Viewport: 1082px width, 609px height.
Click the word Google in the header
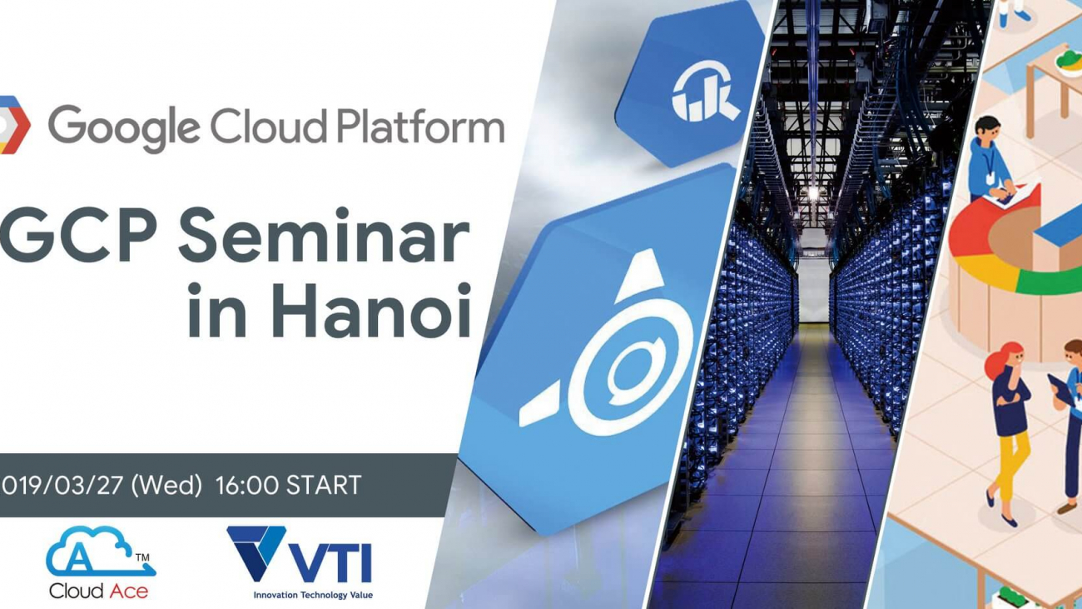click(123, 127)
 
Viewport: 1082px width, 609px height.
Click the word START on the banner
click(324, 485)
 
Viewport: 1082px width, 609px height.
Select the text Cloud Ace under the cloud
click(98, 591)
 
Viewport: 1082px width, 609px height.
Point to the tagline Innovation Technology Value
click(313, 595)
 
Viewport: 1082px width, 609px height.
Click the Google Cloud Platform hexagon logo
click(14, 125)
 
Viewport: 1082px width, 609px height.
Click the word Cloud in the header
click(266, 127)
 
